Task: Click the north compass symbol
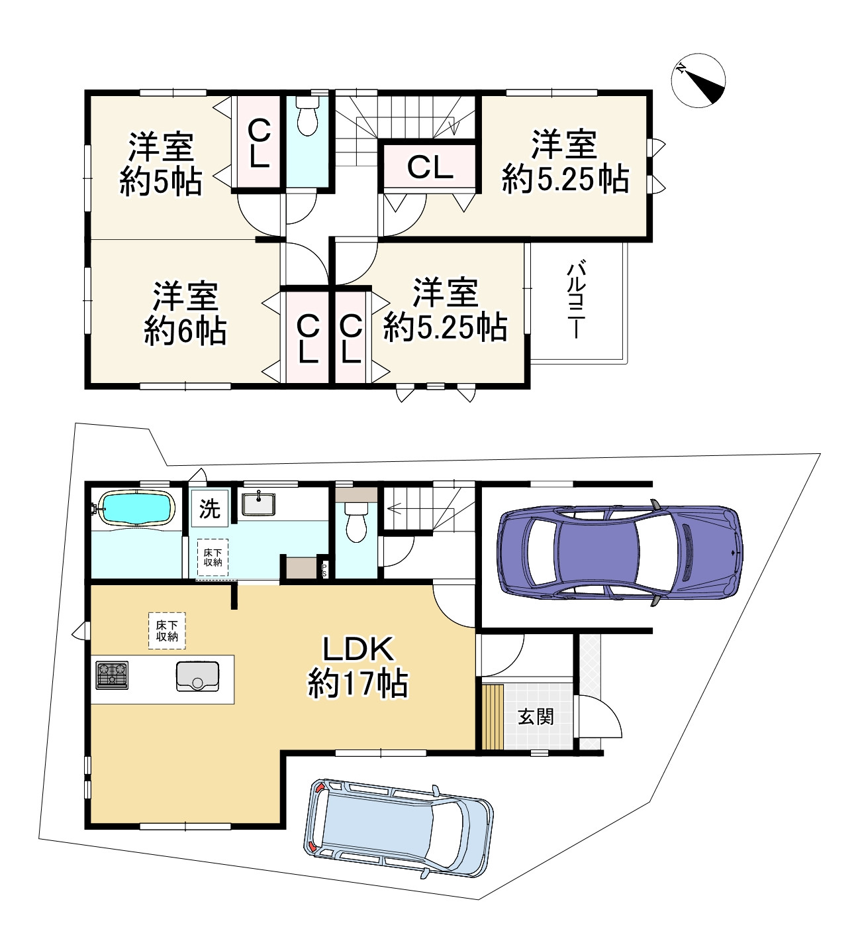(698, 80)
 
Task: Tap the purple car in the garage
(619, 553)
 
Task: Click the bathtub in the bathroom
(136, 508)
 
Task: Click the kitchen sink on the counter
(197, 675)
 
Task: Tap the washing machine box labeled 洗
(210, 509)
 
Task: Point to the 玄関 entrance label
(536, 716)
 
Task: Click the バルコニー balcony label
(576, 300)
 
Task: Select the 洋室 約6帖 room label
(185, 313)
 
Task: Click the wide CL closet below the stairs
(430, 167)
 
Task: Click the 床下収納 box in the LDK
(167, 630)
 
